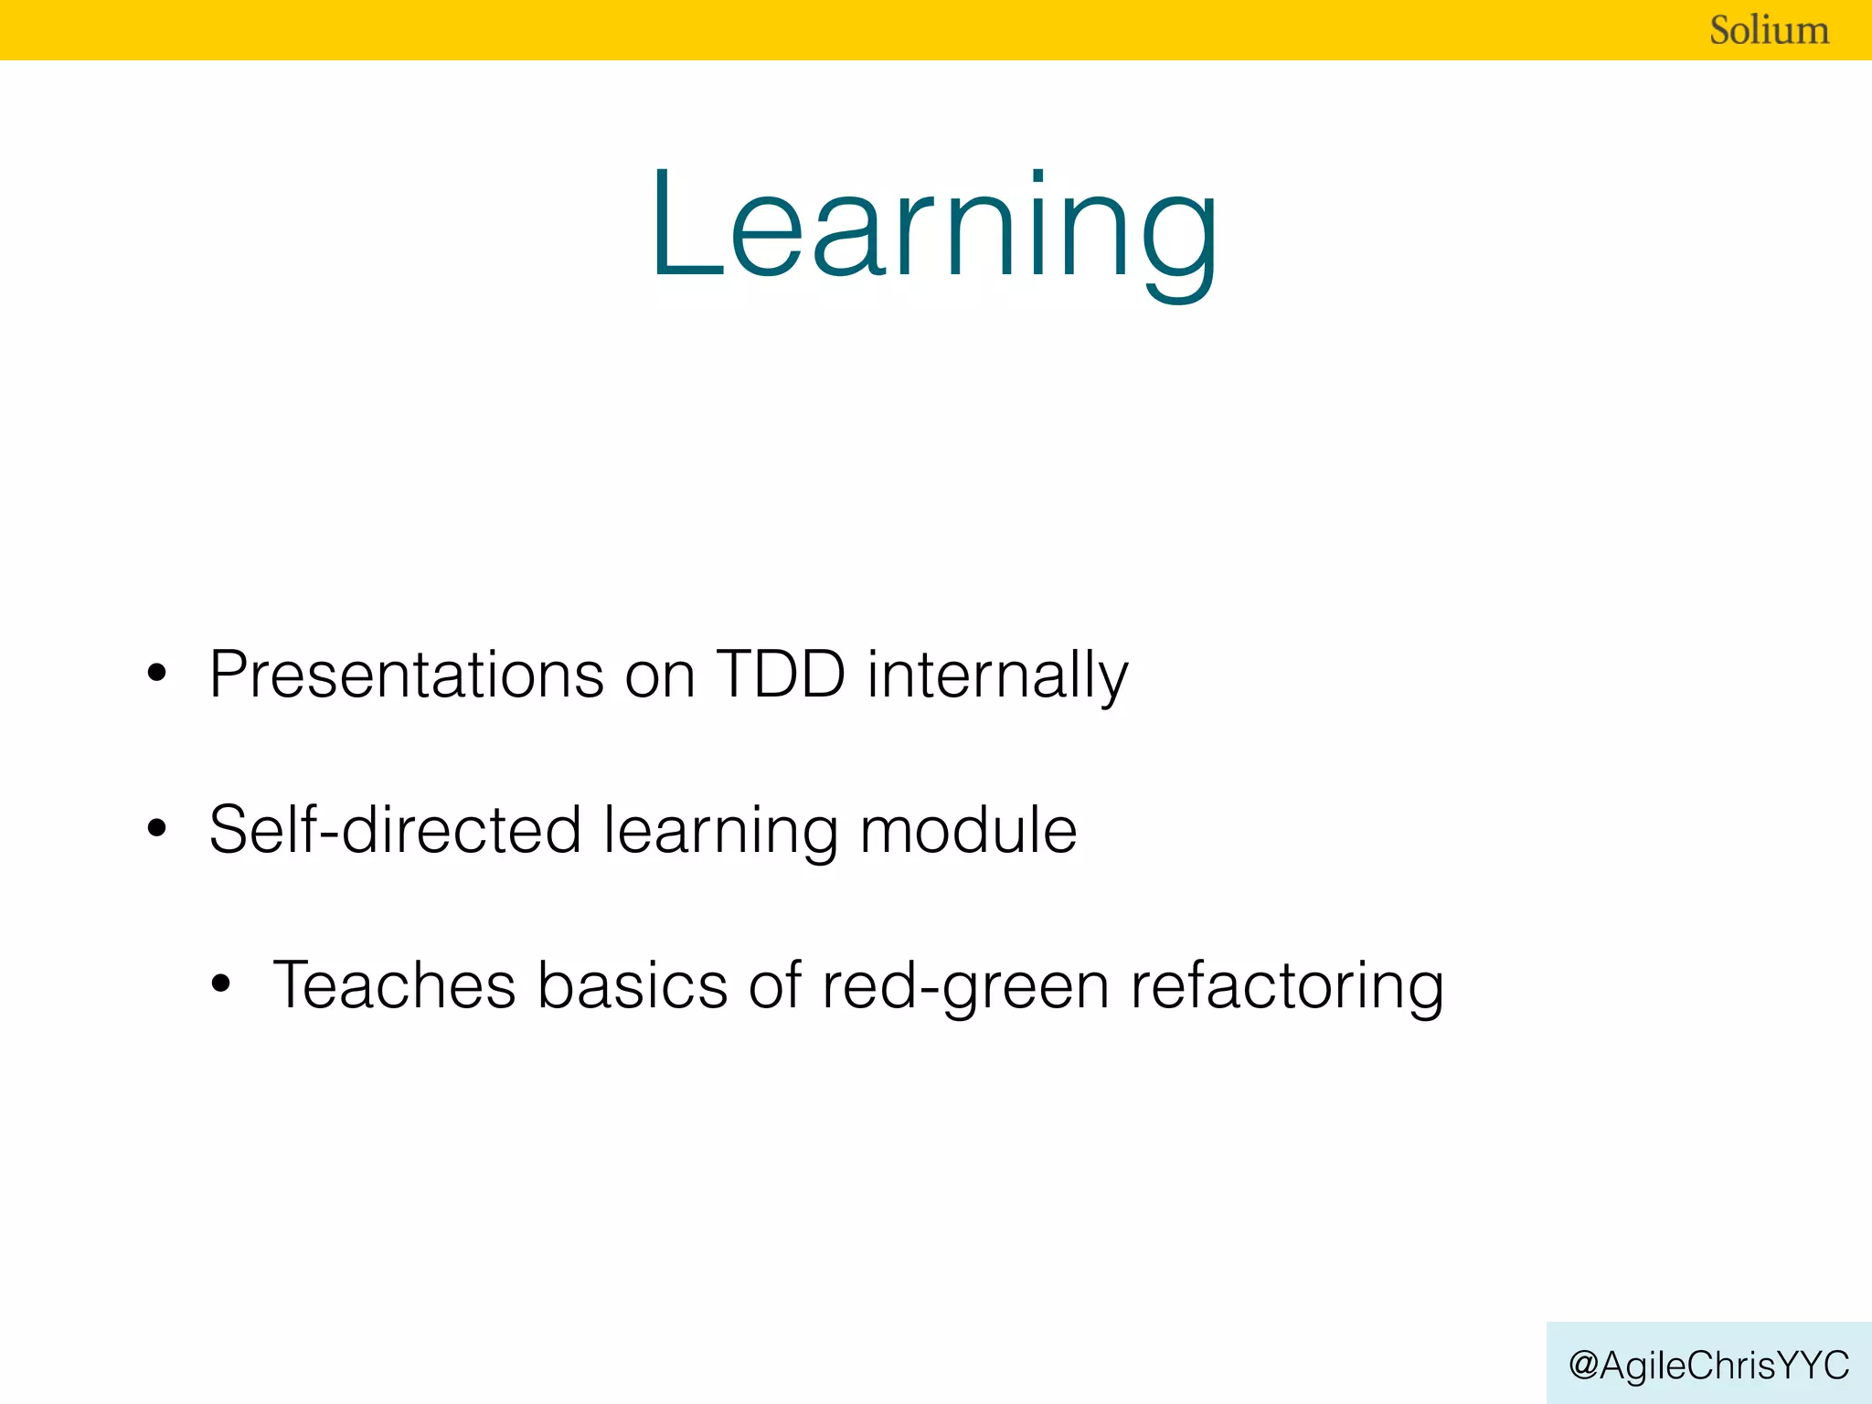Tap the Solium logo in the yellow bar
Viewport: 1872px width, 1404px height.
[x=1769, y=30]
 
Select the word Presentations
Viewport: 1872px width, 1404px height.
[x=406, y=675]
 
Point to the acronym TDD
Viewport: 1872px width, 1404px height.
[x=781, y=675]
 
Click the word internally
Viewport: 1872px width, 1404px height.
[x=997, y=675]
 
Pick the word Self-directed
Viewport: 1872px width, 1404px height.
[x=395, y=830]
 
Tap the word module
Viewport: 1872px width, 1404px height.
[x=968, y=830]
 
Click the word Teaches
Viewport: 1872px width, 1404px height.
[x=395, y=985]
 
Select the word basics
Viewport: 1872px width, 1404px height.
[x=632, y=985]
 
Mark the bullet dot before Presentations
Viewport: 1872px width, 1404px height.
[x=157, y=675]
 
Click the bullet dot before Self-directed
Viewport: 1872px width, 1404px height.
[x=157, y=830]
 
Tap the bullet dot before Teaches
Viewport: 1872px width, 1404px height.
[x=220, y=985]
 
